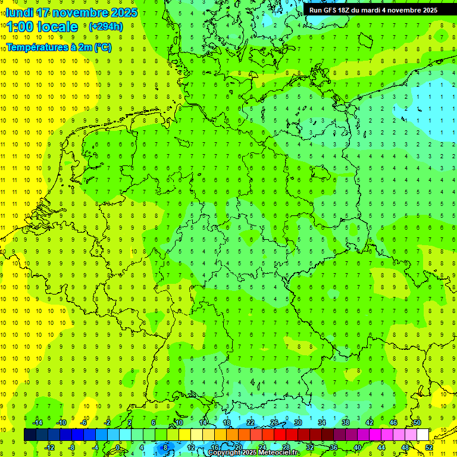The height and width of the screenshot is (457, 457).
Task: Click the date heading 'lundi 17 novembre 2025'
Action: [71, 12]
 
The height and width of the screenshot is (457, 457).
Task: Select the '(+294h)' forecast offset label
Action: [106, 27]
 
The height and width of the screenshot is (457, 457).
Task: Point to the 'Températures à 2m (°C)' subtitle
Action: [59, 48]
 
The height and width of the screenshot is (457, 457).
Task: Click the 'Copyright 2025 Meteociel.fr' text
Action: [253, 453]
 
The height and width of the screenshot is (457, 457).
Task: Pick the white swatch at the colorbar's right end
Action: [422, 435]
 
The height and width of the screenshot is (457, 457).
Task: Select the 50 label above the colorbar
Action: [417, 422]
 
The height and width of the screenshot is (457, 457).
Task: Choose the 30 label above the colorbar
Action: [298, 422]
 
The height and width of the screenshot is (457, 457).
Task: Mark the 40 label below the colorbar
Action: [358, 447]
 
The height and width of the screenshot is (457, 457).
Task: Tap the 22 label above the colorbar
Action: [251, 422]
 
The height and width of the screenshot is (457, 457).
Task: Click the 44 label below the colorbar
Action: [381, 447]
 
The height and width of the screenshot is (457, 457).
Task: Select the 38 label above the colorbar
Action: [346, 422]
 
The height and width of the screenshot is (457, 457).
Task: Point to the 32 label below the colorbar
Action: [310, 447]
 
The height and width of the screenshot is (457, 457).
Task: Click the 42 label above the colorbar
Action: [370, 422]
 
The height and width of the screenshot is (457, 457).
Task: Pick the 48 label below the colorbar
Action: [405, 447]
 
